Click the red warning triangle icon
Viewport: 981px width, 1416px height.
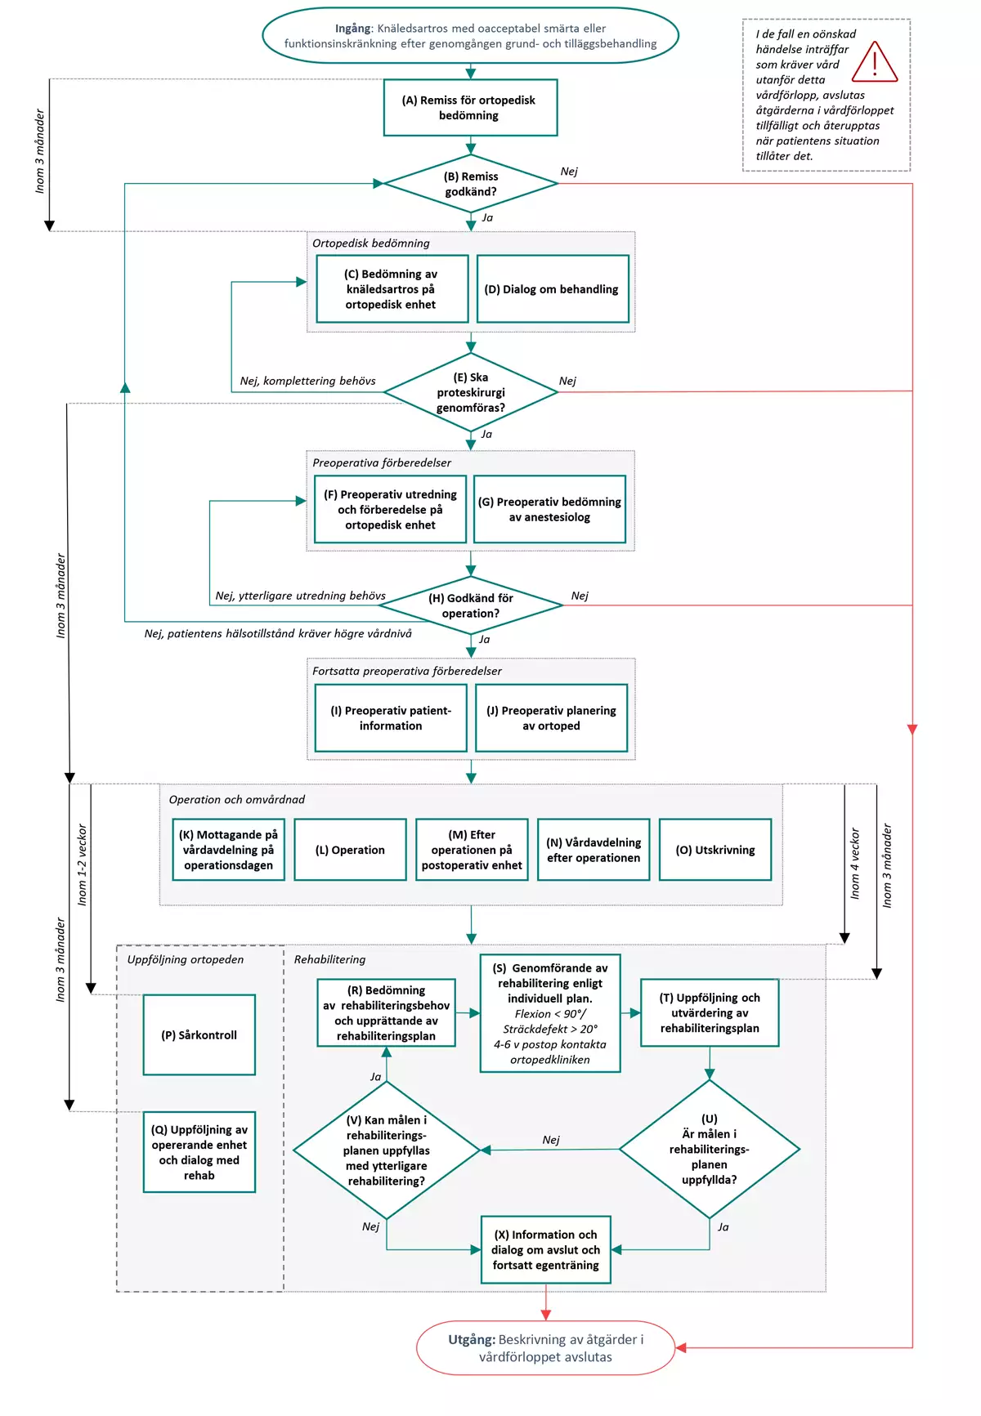875,62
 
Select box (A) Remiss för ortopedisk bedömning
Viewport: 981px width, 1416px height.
470,107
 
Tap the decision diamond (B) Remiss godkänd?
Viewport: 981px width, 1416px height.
471,184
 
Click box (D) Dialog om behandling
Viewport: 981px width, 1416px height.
553,289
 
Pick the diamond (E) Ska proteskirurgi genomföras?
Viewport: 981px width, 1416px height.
471,392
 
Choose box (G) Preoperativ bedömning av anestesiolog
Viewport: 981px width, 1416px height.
549,509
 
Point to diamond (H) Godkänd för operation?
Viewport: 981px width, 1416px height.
471,605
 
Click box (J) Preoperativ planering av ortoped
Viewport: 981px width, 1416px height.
551,718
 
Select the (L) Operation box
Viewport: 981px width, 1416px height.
350,850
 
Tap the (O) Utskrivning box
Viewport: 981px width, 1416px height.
715,850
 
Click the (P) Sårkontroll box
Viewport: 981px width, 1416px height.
199,1034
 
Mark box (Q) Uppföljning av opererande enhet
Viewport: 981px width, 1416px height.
199,1152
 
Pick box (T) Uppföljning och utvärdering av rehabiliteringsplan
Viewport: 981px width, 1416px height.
710,1013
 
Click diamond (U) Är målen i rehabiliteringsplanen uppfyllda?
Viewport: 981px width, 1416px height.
710,1150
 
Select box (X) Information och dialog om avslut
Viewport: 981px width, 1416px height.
546,1250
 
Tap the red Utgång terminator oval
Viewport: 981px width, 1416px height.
546,1348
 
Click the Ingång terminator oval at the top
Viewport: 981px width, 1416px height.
471,35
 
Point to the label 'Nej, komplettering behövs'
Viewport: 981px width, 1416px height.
308,381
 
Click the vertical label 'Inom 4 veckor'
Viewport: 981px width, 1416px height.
855,864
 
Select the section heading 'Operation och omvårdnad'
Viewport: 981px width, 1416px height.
237,800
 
